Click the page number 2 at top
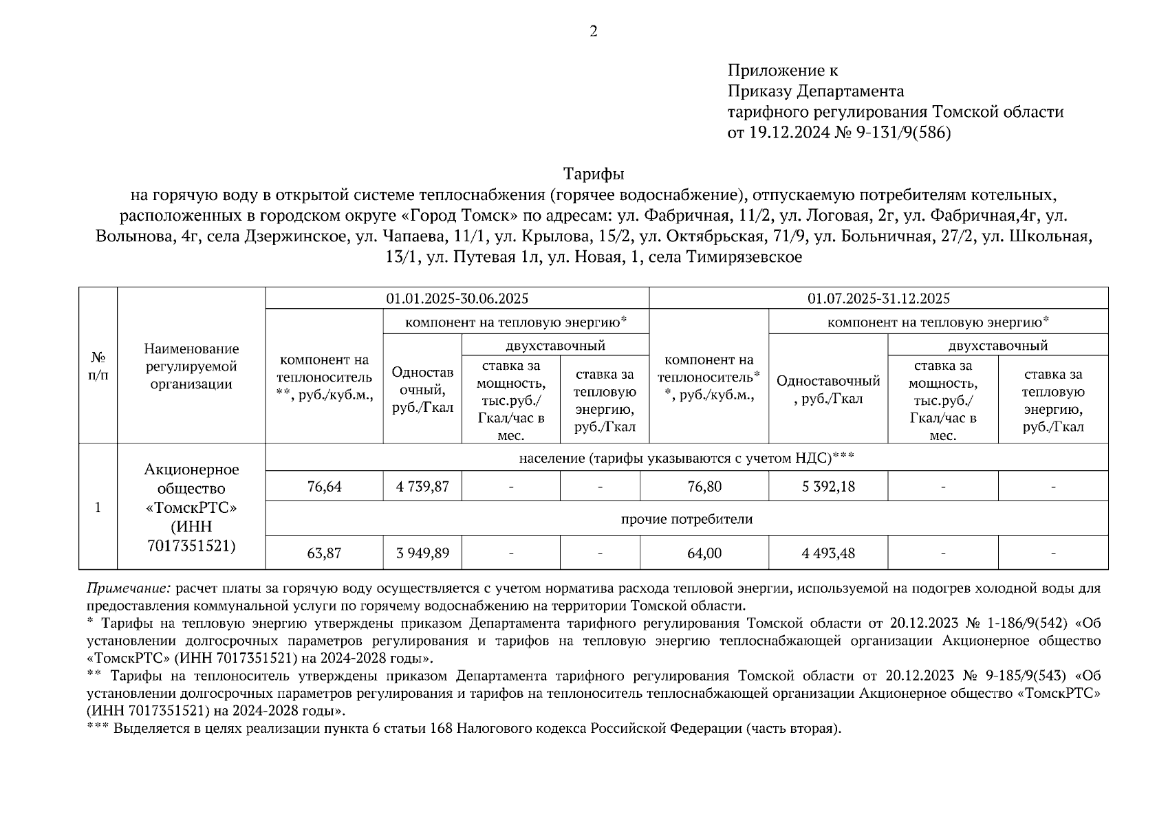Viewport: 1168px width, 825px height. coord(593,31)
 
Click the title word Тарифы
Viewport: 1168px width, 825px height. coord(593,173)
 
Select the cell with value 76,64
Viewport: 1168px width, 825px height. coord(324,487)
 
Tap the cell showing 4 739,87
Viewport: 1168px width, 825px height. coord(422,487)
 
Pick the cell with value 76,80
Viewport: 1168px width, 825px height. coord(704,487)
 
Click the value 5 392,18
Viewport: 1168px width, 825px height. coord(828,487)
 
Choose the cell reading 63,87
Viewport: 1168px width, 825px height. coord(324,553)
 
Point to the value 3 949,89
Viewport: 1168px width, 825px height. coord(422,553)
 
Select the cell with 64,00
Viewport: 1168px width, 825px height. coord(704,553)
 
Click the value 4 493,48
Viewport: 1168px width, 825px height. coord(828,553)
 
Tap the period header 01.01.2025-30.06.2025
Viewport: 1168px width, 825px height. coord(457,298)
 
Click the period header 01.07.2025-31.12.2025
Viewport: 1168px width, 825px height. coord(878,298)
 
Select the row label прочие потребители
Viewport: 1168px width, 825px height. coord(686,519)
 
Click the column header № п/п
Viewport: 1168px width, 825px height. coord(98,366)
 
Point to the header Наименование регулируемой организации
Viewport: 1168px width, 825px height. coord(191,366)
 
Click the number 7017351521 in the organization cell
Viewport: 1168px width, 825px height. coord(191,546)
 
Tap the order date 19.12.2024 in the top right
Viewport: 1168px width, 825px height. coord(786,133)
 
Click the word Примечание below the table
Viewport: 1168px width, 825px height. coord(128,589)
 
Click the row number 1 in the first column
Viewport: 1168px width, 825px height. coord(98,507)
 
